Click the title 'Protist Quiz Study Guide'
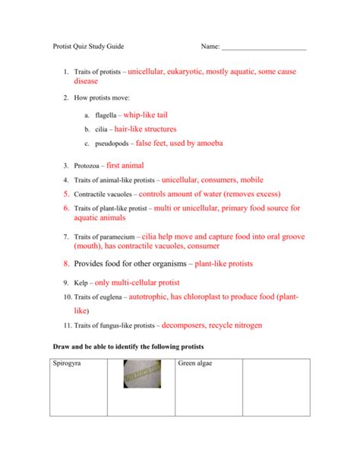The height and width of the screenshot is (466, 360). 89,46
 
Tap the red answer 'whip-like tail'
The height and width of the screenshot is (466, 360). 143,115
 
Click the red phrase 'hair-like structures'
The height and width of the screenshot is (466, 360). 144,129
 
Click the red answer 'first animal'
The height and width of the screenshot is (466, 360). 125,165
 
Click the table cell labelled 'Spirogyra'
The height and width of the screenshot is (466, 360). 68,365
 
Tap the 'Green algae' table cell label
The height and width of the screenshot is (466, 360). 198,365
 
